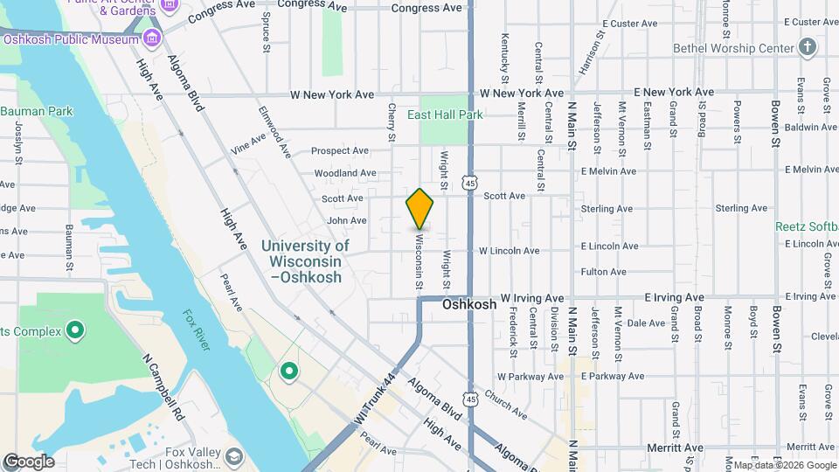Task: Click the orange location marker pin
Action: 419,209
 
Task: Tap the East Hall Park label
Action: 445,115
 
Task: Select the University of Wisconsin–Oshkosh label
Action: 305,261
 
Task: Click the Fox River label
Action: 197,330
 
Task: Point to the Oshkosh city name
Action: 469,305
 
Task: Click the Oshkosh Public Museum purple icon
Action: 153,38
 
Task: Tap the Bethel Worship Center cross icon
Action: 807,46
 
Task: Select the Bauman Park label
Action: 37,111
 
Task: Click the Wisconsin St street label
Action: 419,260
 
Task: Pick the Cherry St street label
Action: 392,123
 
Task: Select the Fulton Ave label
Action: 603,272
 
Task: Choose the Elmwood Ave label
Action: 274,132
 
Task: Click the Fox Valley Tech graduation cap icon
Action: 233,456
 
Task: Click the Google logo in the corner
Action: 28,462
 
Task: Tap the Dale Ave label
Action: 647,323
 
